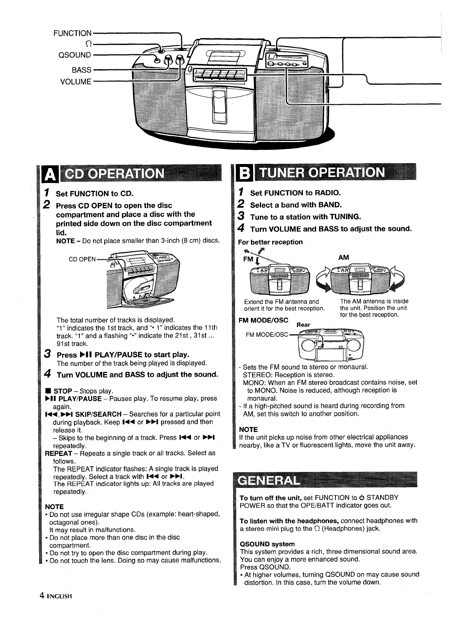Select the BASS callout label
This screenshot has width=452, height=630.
coord(82,70)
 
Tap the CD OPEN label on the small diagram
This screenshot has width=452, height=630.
coord(82,259)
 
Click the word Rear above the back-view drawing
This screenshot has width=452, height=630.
coord(303,325)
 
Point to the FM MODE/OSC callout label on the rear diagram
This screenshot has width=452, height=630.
coord(267,334)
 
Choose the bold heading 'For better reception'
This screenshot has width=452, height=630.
coord(271,242)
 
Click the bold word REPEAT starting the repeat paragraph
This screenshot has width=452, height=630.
coord(58,453)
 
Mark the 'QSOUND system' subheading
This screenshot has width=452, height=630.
coord(267,544)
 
